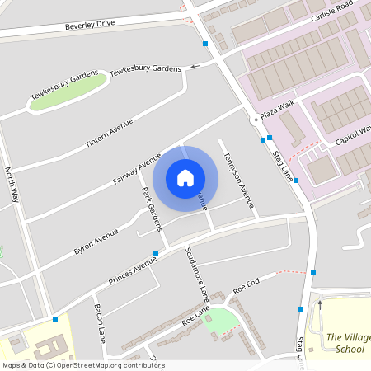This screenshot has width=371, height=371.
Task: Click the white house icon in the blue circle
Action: coord(185,177)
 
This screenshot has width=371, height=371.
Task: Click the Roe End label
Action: coord(246,286)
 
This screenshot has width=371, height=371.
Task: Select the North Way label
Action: coord(12,185)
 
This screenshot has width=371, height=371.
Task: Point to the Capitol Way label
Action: coord(355,134)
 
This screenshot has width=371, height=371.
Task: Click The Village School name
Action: coord(345,343)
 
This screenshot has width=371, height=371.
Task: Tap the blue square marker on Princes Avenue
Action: coord(156,253)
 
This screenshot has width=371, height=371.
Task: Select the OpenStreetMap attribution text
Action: coord(82,365)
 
